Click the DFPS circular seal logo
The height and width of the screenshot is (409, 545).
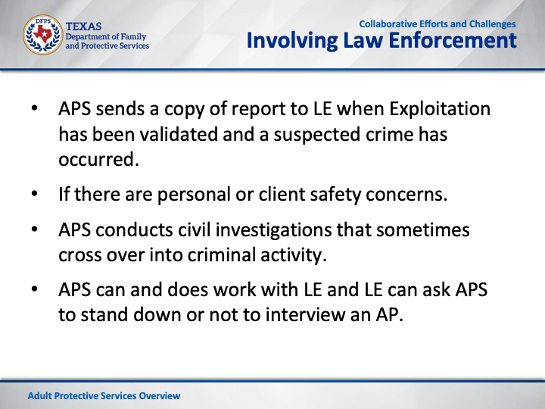[42, 35]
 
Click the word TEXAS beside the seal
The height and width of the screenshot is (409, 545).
[83, 27]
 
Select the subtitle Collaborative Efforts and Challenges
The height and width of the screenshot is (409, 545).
[438, 24]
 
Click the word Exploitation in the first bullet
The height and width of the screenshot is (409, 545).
[440, 109]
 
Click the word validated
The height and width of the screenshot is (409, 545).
[179, 134]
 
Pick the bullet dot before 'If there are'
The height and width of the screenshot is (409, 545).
[34, 193]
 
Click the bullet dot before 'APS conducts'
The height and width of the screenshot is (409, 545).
[34, 229]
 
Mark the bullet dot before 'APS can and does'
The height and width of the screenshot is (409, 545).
[34, 289]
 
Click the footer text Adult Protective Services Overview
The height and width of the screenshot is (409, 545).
[104, 396]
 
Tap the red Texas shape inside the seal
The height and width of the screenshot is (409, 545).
[42, 33]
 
